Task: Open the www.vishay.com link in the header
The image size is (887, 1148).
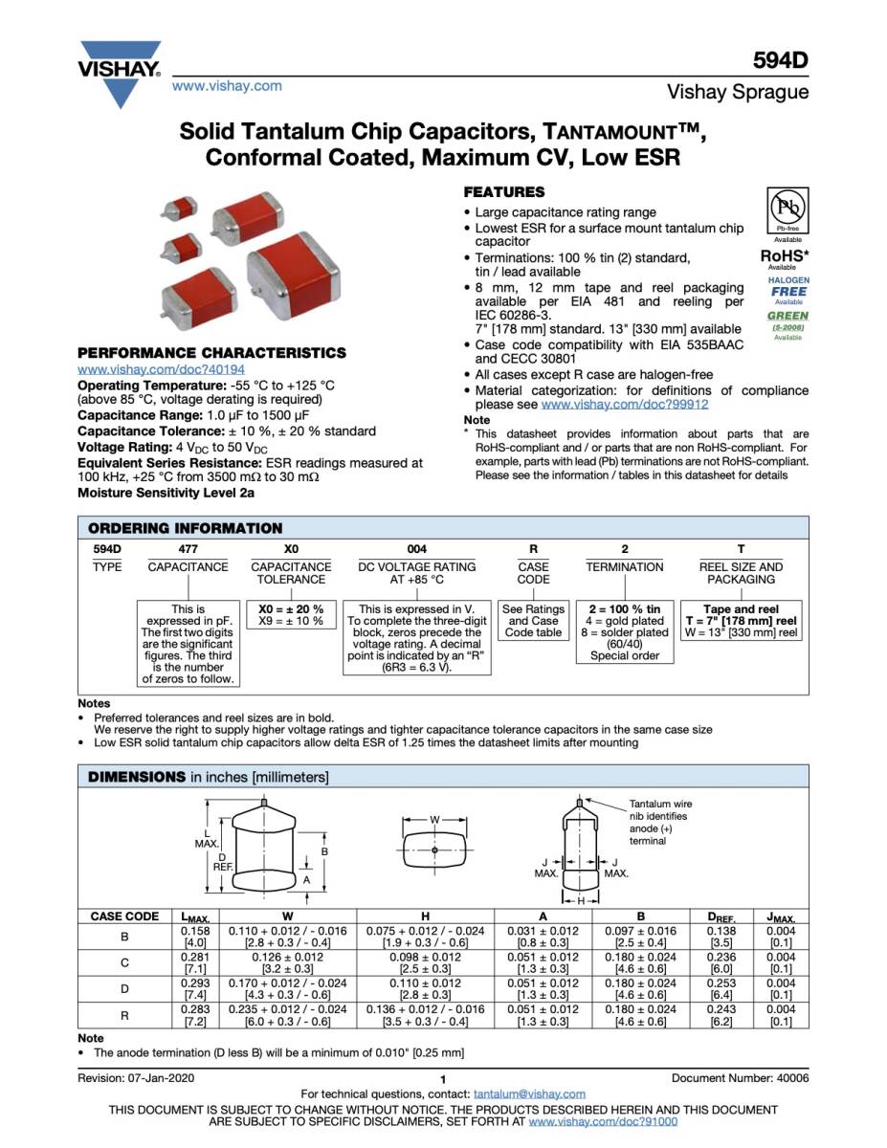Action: (227, 86)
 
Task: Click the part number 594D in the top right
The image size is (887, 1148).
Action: (781, 60)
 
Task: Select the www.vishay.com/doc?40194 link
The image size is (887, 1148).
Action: (161, 368)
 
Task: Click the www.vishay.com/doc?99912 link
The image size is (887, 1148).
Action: (625, 405)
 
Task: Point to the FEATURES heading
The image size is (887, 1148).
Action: (503, 192)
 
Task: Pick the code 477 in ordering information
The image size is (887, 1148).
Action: (188, 549)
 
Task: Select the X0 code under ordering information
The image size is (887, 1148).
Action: (291, 549)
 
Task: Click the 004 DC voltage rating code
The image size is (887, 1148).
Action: (416, 549)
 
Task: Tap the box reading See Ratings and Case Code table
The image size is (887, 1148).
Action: (533, 620)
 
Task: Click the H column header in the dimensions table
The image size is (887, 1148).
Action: (425, 916)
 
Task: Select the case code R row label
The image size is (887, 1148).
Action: (124, 1015)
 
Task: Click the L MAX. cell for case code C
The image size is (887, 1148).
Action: (189, 962)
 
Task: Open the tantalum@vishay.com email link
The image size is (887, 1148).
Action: (529, 1093)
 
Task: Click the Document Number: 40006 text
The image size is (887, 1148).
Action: (740, 1078)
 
